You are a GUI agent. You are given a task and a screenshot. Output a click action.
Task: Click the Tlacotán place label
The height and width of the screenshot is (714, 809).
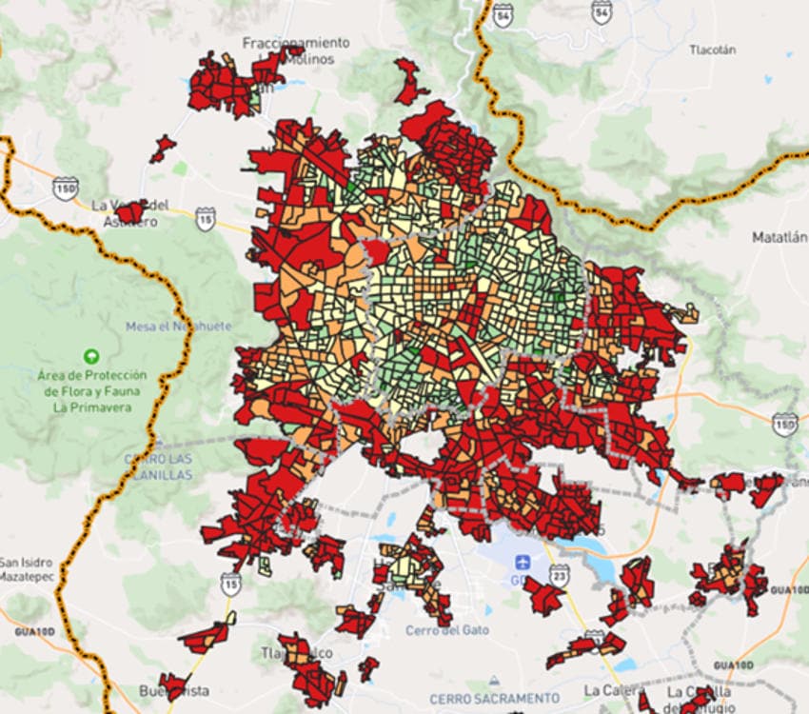tap(714, 50)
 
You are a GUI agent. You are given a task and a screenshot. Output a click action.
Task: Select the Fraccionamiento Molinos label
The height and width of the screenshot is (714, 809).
tap(295, 50)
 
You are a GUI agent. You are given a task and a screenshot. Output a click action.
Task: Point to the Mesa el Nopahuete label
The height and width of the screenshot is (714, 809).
tap(178, 327)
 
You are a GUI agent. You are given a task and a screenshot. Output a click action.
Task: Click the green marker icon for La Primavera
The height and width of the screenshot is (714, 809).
tap(91, 356)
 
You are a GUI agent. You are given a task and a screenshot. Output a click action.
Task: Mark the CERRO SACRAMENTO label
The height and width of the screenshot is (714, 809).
tap(494, 698)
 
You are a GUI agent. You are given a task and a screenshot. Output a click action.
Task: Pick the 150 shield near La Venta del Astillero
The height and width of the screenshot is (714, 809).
tap(66, 187)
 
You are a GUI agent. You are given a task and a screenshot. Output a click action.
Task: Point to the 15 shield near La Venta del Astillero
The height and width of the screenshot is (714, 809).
tap(206, 218)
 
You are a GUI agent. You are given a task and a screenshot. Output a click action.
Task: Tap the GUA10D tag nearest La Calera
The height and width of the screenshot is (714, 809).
tap(733, 664)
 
